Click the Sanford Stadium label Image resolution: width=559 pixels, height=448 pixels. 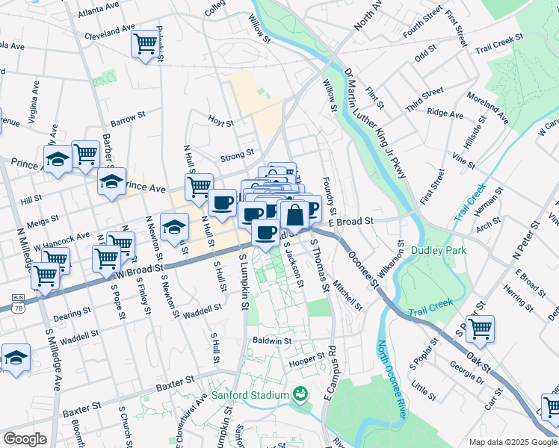pos(250,395)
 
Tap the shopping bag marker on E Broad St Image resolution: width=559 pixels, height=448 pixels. pos(295,214)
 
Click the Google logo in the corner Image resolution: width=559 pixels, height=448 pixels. pos(25,439)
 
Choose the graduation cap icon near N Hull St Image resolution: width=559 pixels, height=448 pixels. pos(174,227)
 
